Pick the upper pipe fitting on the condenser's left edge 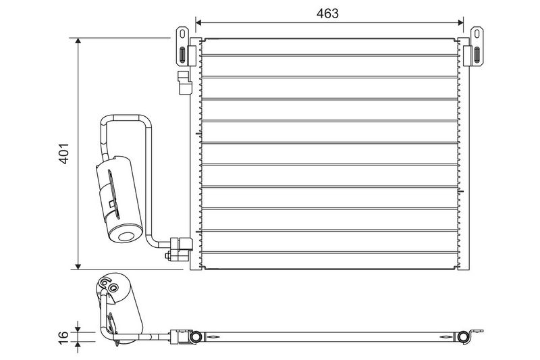[x=183, y=82]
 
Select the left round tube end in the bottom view [x=196, y=336]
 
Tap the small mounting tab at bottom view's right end [x=479, y=331]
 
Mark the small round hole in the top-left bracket [x=182, y=32]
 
